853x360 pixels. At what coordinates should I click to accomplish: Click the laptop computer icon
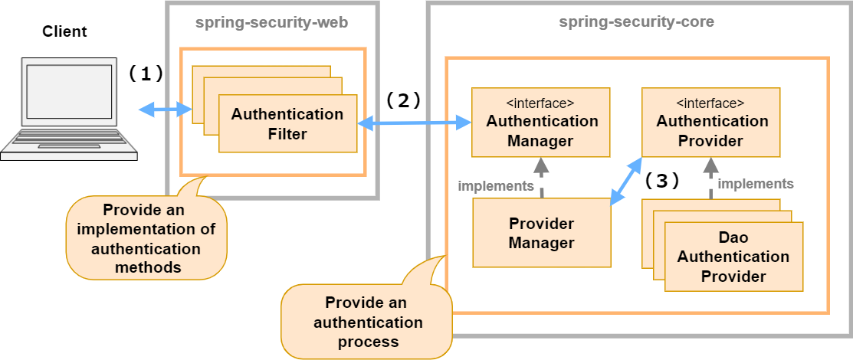[68, 107]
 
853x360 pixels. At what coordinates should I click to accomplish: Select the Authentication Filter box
[287, 124]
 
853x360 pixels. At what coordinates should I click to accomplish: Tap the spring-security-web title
[271, 23]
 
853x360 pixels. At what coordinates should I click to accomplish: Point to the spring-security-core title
[636, 22]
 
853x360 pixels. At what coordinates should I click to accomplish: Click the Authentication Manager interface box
[542, 122]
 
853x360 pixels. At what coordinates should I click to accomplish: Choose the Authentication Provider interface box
[710, 122]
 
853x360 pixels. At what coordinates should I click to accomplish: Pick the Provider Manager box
[542, 233]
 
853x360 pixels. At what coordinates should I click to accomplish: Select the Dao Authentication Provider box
[733, 256]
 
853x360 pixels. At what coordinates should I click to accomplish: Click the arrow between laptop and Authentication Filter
[165, 110]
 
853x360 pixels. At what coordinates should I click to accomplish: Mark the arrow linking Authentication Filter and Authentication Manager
[414, 122]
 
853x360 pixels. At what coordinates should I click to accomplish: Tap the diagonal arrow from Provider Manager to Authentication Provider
[626, 182]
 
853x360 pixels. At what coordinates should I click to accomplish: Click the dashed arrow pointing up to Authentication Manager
[542, 178]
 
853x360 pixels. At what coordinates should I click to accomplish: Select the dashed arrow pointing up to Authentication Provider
[710, 178]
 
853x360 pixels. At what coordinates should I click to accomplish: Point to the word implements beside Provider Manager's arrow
[495, 186]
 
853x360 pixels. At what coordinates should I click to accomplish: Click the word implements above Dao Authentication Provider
[755, 184]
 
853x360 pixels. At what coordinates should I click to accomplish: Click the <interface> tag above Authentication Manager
[542, 103]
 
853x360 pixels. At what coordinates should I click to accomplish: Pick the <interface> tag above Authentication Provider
[710, 103]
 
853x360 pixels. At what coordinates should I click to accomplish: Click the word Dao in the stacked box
[733, 237]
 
